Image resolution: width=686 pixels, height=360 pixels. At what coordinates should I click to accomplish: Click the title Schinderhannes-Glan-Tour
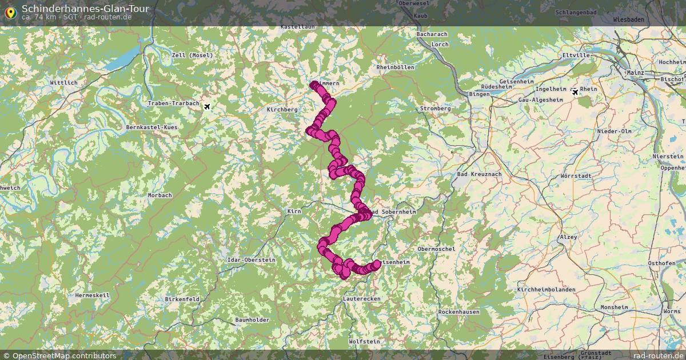pos(86,8)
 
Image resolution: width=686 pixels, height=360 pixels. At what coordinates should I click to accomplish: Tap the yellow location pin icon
pos(10,13)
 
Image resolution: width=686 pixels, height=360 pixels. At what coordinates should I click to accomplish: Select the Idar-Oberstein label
pos(252,259)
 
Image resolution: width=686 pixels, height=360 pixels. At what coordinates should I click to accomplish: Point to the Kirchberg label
pos(282,109)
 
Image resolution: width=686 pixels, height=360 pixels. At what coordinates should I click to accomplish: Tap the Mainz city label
pos(635,73)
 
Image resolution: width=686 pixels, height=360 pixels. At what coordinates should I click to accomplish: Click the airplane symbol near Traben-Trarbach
pos(207,106)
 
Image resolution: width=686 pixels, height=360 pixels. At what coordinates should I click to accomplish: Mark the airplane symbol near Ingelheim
pos(575,91)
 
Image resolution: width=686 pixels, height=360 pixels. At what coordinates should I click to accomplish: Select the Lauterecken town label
pos(362,299)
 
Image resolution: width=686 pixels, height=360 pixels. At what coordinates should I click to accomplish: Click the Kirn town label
pos(294,211)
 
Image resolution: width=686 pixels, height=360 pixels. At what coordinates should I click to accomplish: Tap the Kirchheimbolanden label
pos(546,290)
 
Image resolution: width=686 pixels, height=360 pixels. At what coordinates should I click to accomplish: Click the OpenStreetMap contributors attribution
pos(64,355)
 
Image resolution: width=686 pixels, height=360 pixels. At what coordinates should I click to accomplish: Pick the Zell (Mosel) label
pos(192,55)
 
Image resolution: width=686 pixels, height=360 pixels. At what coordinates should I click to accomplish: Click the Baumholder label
pos(252,320)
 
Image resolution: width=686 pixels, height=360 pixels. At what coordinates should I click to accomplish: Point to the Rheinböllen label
pos(396,67)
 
